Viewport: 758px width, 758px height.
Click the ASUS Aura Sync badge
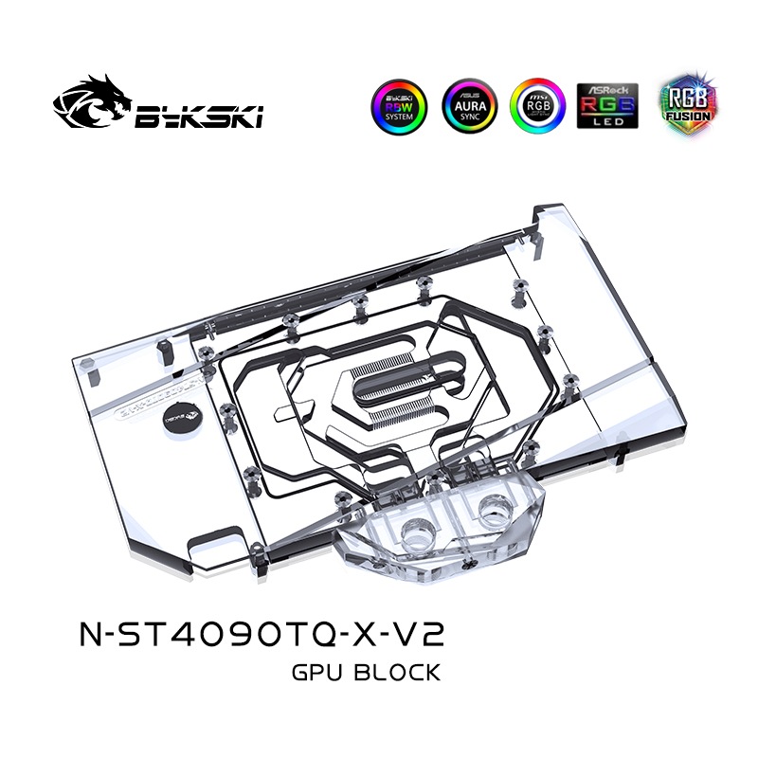tap(471, 104)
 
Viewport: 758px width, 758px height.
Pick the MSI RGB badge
tap(539, 104)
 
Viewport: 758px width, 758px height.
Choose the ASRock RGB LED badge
tap(608, 104)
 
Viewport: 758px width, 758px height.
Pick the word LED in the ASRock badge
tap(608, 120)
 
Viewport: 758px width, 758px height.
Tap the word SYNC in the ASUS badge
tap(471, 120)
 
